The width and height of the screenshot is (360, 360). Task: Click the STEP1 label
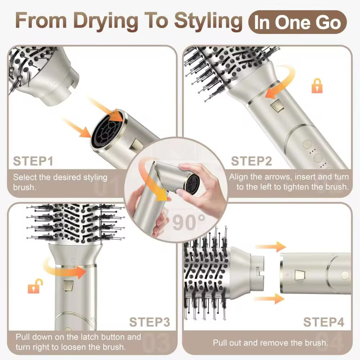33,161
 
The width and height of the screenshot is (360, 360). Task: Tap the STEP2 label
251,161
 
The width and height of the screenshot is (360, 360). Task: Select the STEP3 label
149,322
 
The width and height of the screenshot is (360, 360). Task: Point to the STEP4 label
324,322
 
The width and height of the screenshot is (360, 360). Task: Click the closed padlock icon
317,86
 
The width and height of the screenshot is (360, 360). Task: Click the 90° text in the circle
189,222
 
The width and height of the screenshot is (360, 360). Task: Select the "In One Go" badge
297,22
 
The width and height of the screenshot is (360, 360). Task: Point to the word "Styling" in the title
208,21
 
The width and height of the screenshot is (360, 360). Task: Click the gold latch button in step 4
300,275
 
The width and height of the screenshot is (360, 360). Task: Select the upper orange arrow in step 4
271,247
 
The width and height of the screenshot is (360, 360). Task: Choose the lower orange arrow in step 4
269,299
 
